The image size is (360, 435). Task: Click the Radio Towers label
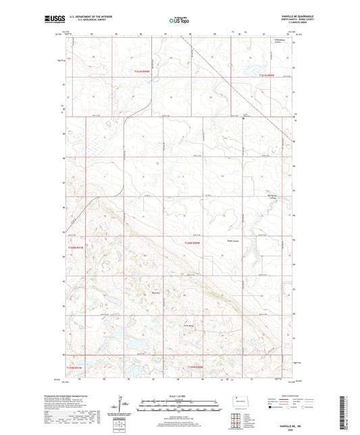pyautogui.click(x=233, y=241)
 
